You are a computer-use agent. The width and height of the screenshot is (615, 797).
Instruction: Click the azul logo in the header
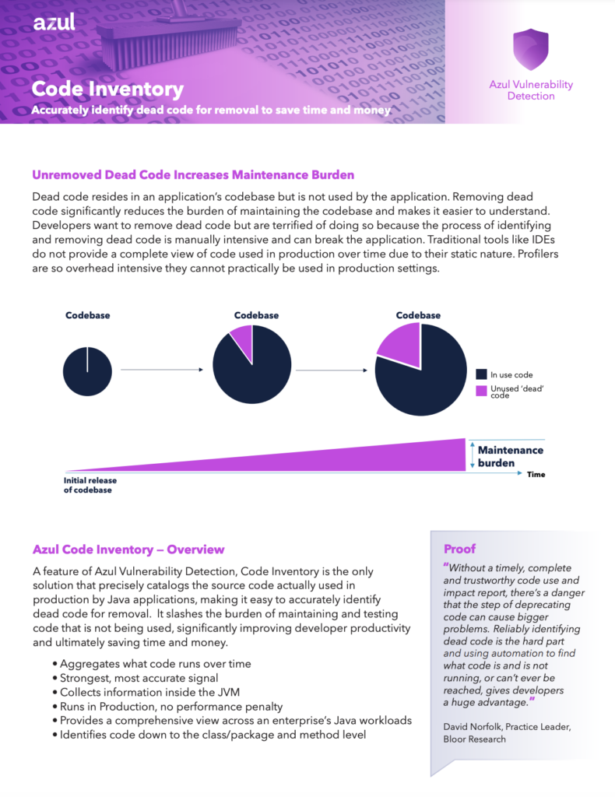[54, 23]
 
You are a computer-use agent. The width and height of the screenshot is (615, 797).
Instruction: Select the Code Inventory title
[107, 89]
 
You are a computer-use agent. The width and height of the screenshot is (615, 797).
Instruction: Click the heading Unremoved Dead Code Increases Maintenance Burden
[193, 174]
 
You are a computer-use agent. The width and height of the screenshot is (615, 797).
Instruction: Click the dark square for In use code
[481, 374]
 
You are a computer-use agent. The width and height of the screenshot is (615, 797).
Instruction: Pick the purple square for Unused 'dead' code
[481, 390]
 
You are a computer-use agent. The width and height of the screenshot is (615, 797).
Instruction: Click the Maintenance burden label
[510, 456]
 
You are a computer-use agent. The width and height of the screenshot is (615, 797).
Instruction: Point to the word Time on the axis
[536, 474]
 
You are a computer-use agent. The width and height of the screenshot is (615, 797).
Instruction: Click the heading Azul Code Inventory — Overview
[128, 549]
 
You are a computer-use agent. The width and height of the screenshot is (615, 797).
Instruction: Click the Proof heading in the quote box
[459, 549]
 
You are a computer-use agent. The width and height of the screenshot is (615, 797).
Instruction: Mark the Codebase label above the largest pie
[418, 315]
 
